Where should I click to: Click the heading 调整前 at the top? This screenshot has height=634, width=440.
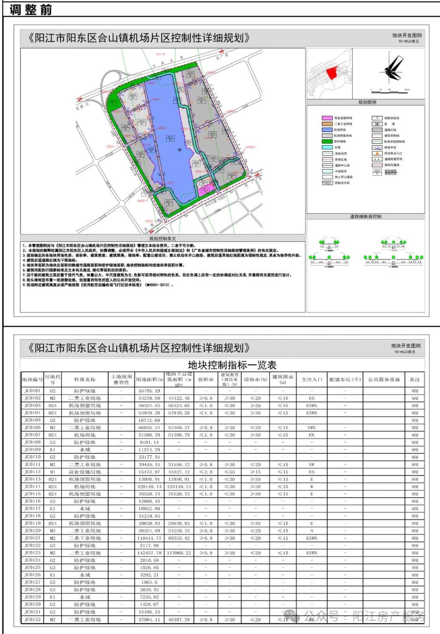point(31,9)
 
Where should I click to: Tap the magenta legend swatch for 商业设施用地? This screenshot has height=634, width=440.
point(328,118)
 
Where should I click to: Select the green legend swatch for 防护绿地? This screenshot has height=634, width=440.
point(328,141)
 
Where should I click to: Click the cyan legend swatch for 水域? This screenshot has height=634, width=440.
point(328,148)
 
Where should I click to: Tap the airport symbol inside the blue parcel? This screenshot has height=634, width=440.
point(180,150)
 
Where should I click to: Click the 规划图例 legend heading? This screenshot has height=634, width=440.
point(367,102)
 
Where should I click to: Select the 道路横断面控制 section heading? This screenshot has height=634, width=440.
point(365,216)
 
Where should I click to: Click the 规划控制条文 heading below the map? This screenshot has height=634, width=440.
point(163,239)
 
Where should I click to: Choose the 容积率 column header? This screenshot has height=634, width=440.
point(206,380)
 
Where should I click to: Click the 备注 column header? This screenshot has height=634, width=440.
point(415,380)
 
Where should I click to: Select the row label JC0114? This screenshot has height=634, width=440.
point(33,486)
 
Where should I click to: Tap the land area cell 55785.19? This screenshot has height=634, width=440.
point(149,391)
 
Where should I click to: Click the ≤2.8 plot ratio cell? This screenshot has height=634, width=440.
point(206,472)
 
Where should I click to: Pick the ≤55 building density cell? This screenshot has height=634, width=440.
point(229,472)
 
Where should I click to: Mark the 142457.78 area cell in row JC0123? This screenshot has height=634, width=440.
point(149,553)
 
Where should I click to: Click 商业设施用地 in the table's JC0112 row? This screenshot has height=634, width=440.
point(85,472)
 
